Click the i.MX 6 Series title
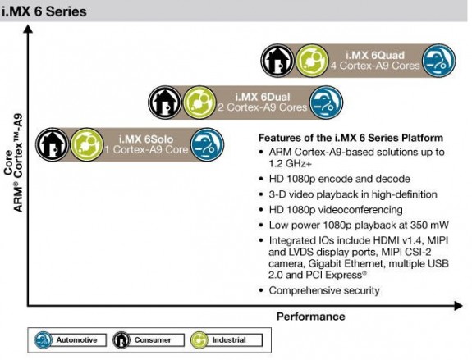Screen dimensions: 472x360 pyautogui.click(x=44, y=11)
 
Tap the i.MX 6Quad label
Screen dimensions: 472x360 pyautogui.click(x=375, y=55)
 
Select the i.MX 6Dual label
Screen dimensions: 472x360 pyautogui.click(x=263, y=97)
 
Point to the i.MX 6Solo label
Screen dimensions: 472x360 pyautogui.click(x=146, y=139)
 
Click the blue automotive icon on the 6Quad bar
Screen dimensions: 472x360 pyautogui.click(x=439, y=61)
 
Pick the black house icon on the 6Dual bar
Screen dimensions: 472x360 pyautogui.click(x=165, y=103)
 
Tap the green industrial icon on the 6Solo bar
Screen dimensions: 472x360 pyautogui.click(x=87, y=144)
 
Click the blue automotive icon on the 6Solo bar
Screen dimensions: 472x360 pyautogui.click(x=208, y=144)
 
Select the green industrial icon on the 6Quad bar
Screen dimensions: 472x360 pyautogui.click(x=312, y=61)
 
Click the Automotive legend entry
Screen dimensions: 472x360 pyautogui.click(x=70, y=340)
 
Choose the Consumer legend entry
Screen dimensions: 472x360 pyautogui.click(x=149, y=340)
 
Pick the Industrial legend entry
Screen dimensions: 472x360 pyautogui.click(x=227, y=340)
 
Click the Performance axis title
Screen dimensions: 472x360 pyautogui.click(x=310, y=317)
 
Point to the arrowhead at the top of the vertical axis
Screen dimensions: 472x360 pyautogui.click(x=28, y=29)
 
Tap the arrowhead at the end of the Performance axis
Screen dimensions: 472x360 pyautogui.click(x=458, y=306)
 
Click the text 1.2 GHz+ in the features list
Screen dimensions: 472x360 pyautogui.click(x=291, y=163)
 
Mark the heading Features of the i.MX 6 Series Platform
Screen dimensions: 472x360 pyautogui.click(x=351, y=138)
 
